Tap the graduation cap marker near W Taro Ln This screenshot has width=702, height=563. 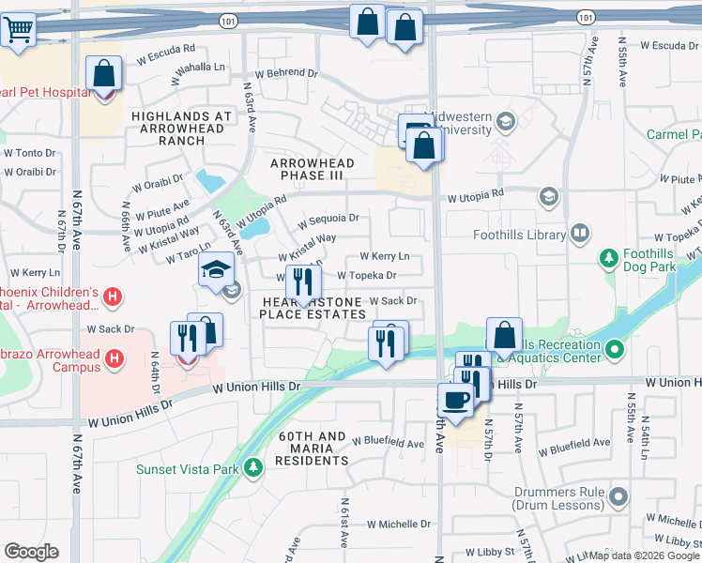(217, 271)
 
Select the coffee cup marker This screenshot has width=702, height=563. (456, 400)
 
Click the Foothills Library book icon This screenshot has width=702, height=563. (581, 233)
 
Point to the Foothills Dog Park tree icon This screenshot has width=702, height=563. (609, 257)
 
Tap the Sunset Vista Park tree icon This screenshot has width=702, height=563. (252, 466)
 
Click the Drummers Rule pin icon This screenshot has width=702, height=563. (618, 495)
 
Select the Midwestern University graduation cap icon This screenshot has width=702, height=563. (506, 121)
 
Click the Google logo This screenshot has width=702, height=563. (31, 552)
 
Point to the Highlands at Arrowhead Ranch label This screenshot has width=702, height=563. (182, 129)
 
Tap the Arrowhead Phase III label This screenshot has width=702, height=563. (313, 169)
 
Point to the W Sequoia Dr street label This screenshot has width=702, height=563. (328, 220)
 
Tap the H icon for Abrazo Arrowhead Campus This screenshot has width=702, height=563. (114, 358)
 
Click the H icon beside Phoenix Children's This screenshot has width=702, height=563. (113, 297)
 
